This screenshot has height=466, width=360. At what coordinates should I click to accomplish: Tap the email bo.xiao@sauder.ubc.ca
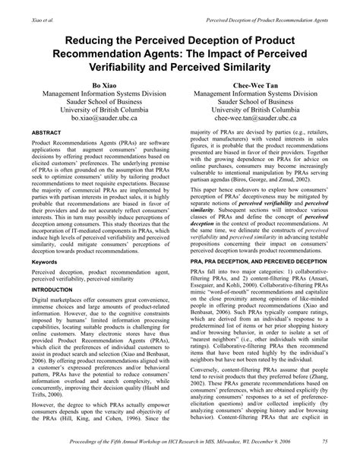pos(96,119)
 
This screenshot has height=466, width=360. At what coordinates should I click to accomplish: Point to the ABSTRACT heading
pos(48,132)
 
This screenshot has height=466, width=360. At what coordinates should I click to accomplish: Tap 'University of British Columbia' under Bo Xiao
pos(96,109)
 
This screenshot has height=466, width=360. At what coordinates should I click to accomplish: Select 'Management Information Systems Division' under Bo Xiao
pos(96,90)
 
